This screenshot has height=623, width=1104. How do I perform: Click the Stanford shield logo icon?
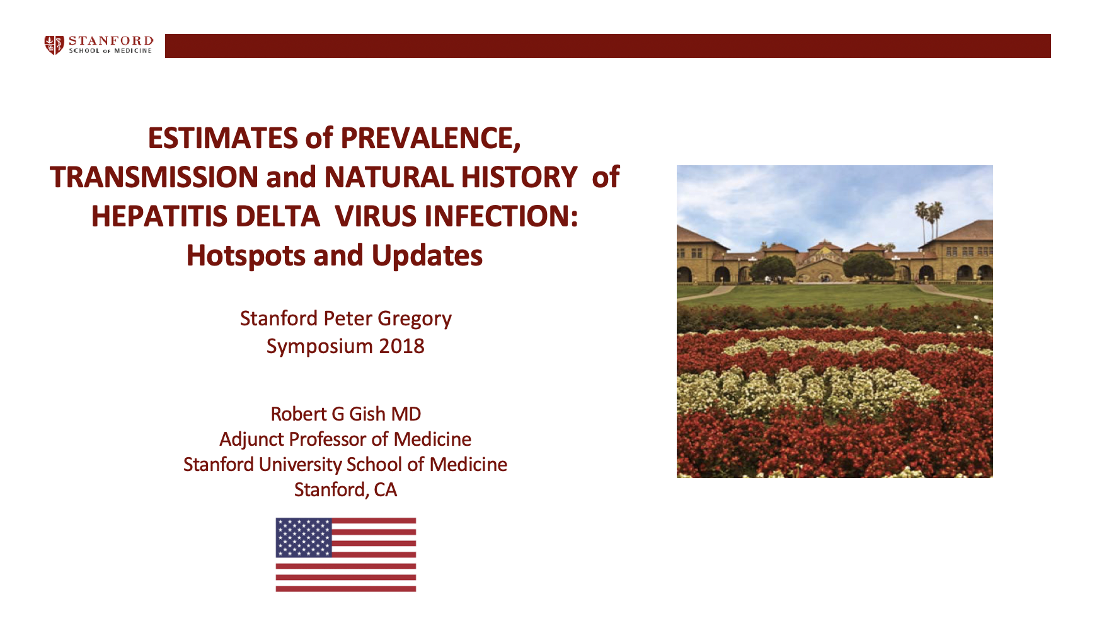[x=54, y=45]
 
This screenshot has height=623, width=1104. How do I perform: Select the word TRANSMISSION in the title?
[x=154, y=177]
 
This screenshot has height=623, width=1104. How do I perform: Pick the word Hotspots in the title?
[x=246, y=256]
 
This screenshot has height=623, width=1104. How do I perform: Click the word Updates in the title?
[x=427, y=256]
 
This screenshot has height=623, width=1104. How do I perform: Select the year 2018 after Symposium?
[x=402, y=346]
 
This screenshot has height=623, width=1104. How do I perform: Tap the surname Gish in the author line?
[x=367, y=414]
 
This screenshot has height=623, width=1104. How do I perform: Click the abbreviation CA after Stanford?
[x=386, y=490]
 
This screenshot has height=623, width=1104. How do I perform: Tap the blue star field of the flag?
[x=304, y=537]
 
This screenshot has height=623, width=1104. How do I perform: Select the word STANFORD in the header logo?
[x=111, y=41]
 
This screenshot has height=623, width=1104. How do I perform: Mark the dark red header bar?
[x=608, y=46]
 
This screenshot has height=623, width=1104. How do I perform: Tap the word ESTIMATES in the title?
[x=223, y=139]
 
